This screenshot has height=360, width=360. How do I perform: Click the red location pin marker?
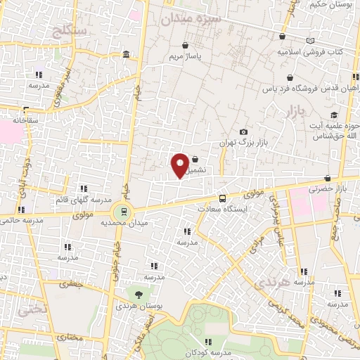(181, 165)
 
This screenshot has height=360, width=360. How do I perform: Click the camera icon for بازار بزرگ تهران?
(243, 132)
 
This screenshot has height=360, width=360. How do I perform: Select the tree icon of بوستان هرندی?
(139, 294)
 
